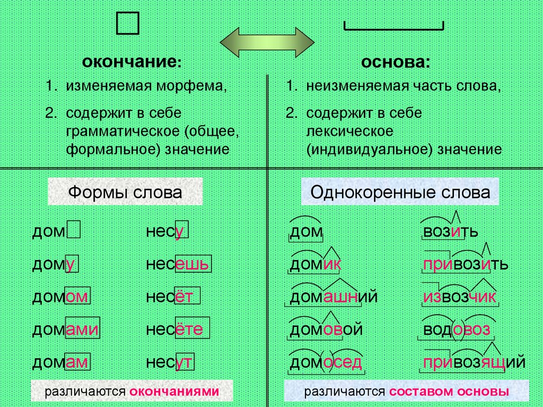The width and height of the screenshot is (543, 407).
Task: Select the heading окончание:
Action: point(132,63)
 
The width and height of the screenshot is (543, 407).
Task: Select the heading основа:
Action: point(396,63)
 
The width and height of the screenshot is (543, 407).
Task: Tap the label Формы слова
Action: point(125,192)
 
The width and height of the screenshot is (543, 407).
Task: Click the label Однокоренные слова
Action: point(400,192)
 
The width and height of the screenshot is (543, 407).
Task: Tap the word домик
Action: point(315,264)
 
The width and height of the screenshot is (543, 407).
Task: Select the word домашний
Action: point(334,297)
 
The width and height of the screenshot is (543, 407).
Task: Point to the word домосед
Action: point(326,362)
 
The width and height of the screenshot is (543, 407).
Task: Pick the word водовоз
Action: point(456,330)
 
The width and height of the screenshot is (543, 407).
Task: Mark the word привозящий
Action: point(474,362)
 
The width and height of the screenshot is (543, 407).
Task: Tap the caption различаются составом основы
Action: point(406,392)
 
